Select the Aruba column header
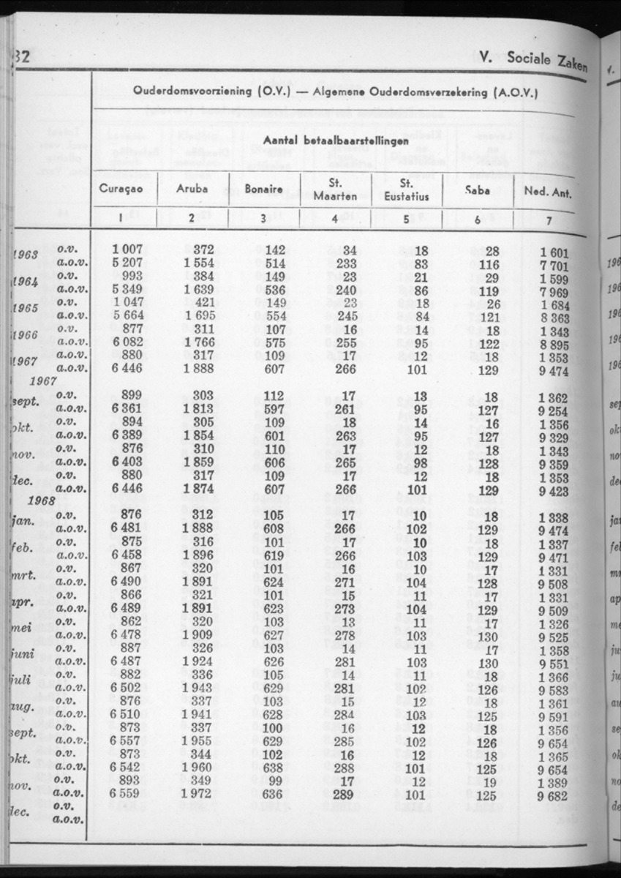coord(192,190)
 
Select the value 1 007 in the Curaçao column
coord(126,251)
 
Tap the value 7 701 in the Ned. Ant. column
coord(553,266)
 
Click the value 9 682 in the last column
coord(553,796)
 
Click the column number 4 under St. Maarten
coord(334,217)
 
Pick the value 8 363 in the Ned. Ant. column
coord(553,319)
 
